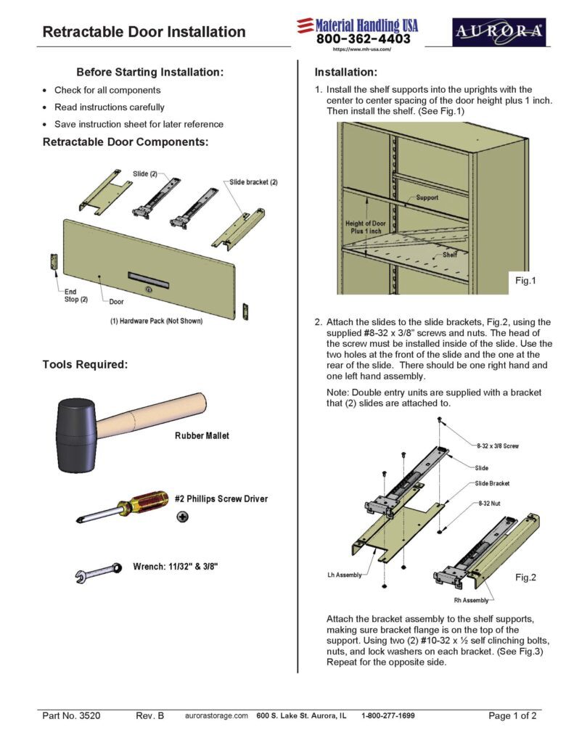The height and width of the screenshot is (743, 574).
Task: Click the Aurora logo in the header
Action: coord(499,32)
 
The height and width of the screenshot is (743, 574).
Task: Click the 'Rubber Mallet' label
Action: coord(202,436)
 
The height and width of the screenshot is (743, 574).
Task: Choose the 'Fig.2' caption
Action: coord(525,578)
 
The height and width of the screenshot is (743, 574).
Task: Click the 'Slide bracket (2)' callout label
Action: coord(254,181)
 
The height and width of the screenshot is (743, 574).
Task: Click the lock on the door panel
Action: coord(149,290)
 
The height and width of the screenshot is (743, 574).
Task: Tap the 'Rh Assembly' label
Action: coord(472,600)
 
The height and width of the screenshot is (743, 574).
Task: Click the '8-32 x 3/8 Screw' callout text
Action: coord(498,445)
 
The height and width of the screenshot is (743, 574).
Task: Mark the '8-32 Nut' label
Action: coord(491,502)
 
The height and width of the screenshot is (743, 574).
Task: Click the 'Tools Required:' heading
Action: coord(85,364)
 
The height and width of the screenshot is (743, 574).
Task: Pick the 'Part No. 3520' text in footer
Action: coord(71,715)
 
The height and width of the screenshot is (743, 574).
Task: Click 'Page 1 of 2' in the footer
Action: coord(512,715)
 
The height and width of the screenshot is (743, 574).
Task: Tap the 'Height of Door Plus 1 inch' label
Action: coord(365,226)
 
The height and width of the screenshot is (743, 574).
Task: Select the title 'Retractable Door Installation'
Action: coord(144,32)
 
